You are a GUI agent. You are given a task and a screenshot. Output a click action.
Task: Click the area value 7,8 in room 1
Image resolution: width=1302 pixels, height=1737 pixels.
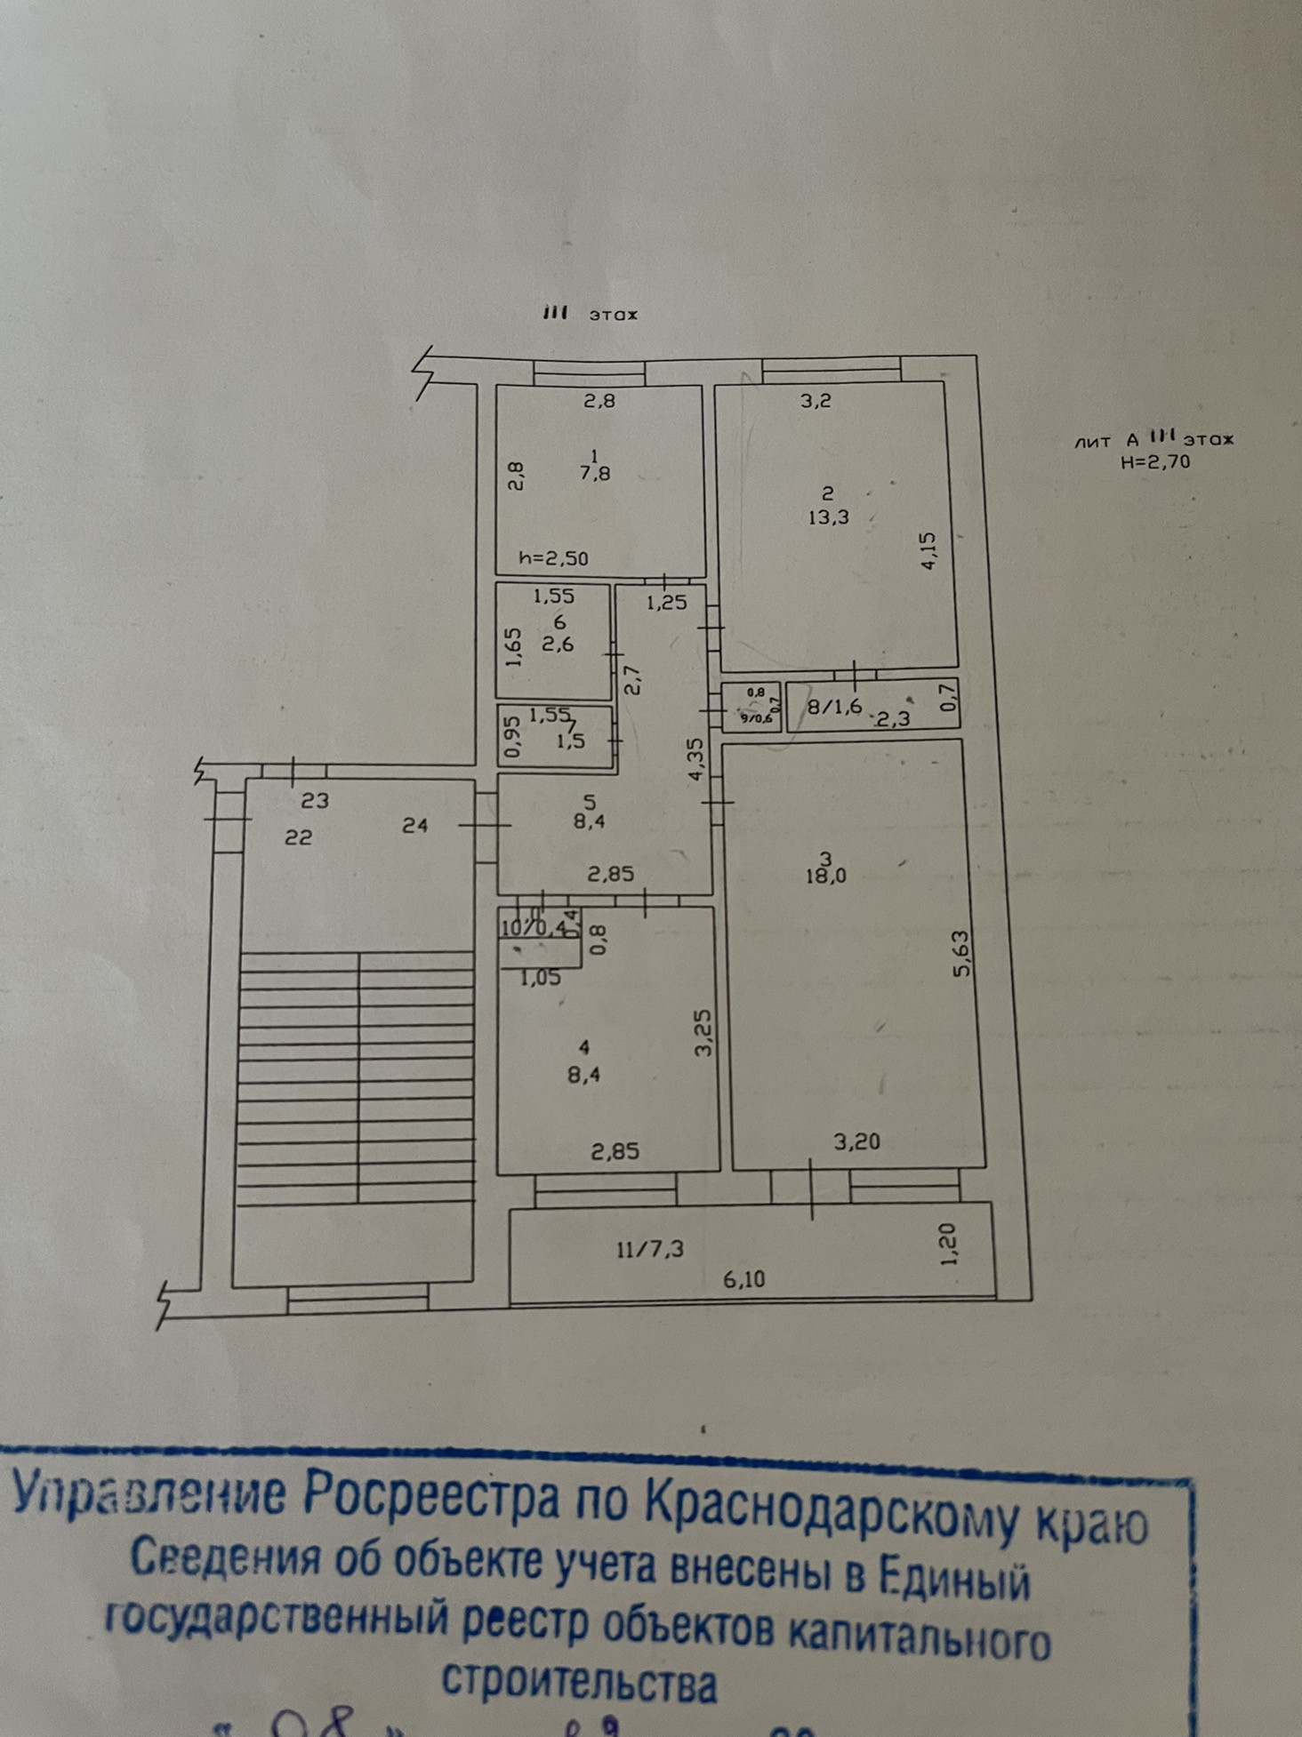pyautogui.click(x=595, y=474)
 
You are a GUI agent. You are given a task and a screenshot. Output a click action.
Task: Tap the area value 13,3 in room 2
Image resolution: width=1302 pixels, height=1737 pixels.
pyautogui.click(x=828, y=517)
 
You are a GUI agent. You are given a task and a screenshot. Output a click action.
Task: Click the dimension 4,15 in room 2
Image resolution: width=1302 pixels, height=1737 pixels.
pyautogui.click(x=928, y=550)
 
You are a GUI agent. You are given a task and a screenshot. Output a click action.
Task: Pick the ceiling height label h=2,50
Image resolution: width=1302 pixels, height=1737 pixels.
pyautogui.click(x=554, y=559)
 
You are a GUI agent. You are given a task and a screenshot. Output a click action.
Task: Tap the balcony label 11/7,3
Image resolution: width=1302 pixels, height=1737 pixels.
pyautogui.click(x=649, y=1249)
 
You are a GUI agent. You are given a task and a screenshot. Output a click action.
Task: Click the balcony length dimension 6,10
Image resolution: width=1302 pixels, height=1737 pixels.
pyautogui.click(x=744, y=1279)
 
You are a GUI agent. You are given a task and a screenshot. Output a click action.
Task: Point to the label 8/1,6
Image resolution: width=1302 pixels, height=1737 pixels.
pyautogui.click(x=834, y=707)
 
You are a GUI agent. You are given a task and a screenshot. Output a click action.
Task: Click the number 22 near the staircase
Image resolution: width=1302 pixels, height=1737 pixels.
pyautogui.click(x=298, y=836)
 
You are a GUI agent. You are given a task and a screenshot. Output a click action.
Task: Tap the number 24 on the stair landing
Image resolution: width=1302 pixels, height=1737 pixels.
pyautogui.click(x=414, y=825)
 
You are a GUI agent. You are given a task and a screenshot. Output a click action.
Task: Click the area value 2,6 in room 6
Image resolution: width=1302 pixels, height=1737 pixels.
pyautogui.click(x=558, y=644)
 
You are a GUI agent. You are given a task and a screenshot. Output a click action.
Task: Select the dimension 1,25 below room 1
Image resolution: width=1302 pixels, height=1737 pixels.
pyautogui.click(x=666, y=602)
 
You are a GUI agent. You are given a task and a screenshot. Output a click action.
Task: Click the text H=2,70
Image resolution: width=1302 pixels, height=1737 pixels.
pyautogui.click(x=1156, y=461)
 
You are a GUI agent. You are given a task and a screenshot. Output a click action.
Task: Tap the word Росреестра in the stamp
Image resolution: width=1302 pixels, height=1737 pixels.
pyautogui.click(x=432, y=1496)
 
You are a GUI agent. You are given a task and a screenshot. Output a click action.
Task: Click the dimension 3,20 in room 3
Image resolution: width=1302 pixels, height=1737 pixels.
pyautogui.click(x=857, y=1141)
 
